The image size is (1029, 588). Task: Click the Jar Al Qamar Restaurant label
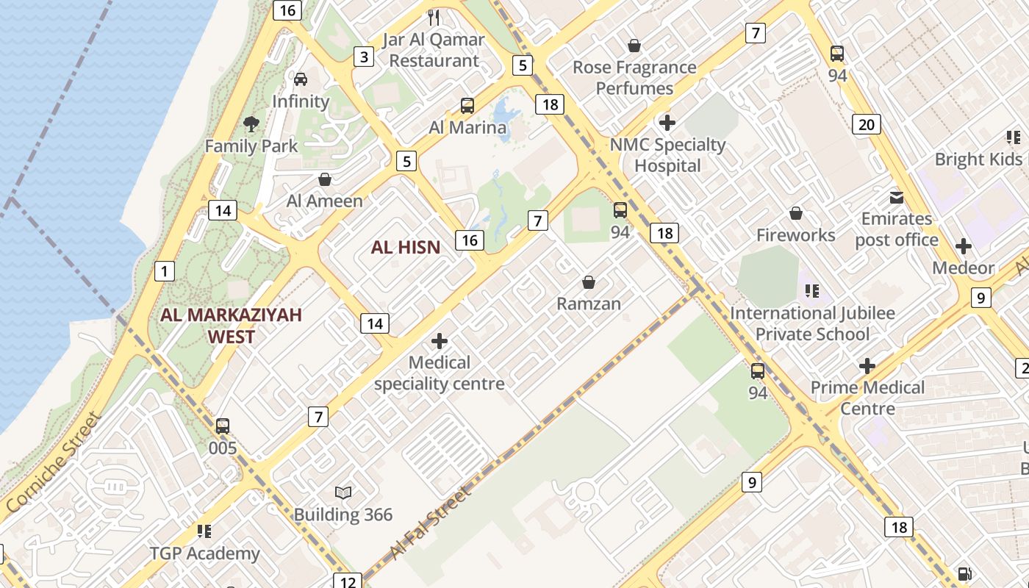(x=434, y=50)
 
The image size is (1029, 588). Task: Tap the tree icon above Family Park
(x=251, y=123)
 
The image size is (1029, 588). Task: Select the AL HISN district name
(x=406, y=248)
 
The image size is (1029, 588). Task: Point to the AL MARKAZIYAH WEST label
(x=232, y=326)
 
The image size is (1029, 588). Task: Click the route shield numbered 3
(x=363, y=57)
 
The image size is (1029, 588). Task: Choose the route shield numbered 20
(x=867, y=124)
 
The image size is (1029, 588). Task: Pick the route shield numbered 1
(x=165, y=271)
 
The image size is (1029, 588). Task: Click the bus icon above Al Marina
(x=467, y=105)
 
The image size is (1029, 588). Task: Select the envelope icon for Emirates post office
(x=897, y=197)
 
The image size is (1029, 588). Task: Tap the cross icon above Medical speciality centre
(x=440, y=341)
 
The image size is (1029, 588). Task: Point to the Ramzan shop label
(x=589, y=304)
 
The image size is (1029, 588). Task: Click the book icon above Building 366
(x=343, y=492)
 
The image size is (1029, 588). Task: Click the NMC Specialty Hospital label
(x=668, y=155)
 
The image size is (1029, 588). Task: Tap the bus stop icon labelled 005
(x=223, y=426)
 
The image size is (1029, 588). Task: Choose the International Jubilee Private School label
(x=812, y=323)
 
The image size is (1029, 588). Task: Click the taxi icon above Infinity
(x=301, y=79)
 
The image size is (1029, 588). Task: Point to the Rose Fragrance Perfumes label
(x=634, y=77)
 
